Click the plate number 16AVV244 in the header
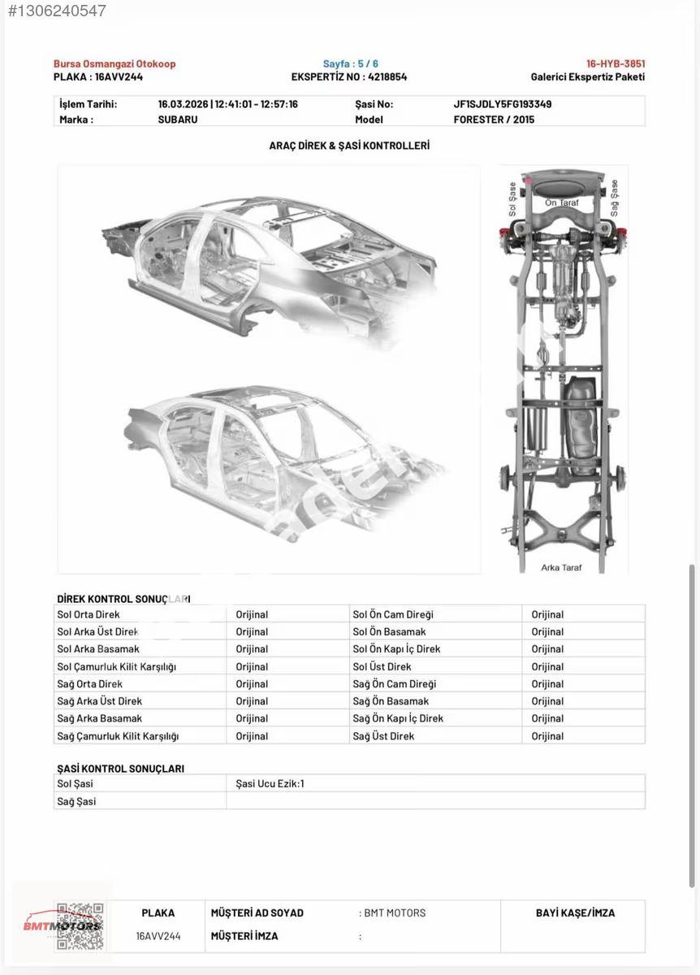tap(119, 77)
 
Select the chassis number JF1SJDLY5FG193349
tap(503, 105)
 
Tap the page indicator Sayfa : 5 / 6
tap(350, 63)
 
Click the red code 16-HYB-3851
tap(616, 63)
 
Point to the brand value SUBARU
tap(178, 119)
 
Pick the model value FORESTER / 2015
tap(494, 119)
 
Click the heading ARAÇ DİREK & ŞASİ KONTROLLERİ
tap(349, 145)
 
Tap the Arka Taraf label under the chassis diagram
tap(561, 568)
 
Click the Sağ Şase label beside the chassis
tap(614, 198)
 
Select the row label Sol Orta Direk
tap(89, 614)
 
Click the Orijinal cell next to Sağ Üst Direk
tap(547, 736)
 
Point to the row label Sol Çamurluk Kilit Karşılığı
tap(117, 667)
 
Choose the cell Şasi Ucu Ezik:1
tap(270, 783)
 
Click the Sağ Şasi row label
tap(76, 801)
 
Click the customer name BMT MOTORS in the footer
tap(395, 912)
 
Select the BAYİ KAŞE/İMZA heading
tap(575, 912)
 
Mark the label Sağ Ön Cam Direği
tap(394, 684)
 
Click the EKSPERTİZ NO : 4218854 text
tap(349, 77)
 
